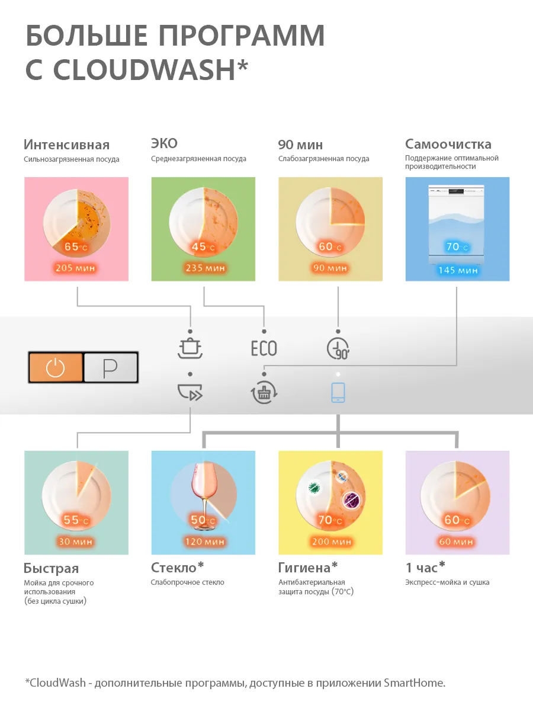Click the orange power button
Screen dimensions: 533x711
tap(56, 367)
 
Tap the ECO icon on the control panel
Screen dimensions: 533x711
tap(264, 348)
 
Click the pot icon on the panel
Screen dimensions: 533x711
tap(190, 348)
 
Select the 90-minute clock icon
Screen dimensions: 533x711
tap(338, 348)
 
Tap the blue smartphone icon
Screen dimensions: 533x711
tap(338, 393)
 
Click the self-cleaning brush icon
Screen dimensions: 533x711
tap(264, 393)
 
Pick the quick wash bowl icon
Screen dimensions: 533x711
tap(190, 392)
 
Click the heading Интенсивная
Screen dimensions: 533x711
tap(67, 145)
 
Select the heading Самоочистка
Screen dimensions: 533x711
tap(448, 144)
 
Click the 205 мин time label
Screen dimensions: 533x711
tap(75, 268)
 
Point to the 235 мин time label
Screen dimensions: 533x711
tap(204, 268)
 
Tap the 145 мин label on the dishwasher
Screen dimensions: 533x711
tap(458, 270)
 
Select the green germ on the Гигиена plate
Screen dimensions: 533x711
tap(314, 487)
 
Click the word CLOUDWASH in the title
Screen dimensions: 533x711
tap(145, 69)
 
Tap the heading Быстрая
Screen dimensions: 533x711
tap(51, 569)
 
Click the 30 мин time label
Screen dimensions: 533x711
tap(75, 542)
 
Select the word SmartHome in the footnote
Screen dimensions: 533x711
tap(414, 683)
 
